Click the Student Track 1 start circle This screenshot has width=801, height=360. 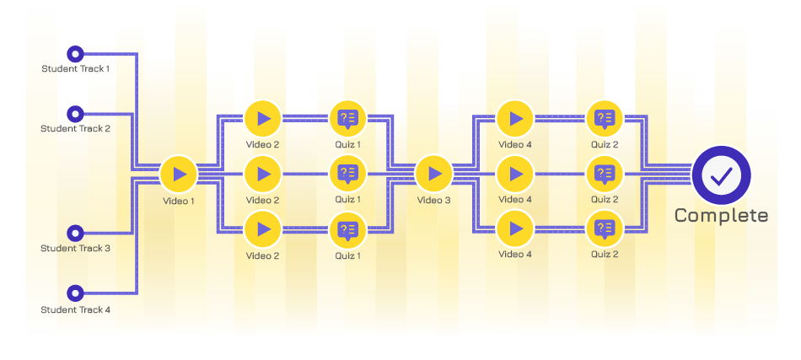[x=76, y=54]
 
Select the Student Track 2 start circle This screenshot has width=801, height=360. [x=76, y=113]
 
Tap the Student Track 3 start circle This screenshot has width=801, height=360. [x=76, y=234]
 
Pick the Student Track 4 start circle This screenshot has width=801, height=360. [x=76, y=293]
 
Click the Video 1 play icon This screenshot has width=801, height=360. [x=179, y=175]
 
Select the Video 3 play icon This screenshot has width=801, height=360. [x=433, y=174]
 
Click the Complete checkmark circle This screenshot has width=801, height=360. [x=721, y=175]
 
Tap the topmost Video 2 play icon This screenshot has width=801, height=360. [x=263, y=119]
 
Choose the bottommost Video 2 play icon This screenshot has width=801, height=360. [x=263, y=229]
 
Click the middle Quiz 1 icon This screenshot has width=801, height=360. [x=348, y=174]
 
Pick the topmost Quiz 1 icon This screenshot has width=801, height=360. [x=348, y=119]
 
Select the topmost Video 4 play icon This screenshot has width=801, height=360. [x=515, y=119]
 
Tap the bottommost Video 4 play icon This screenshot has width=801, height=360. [x=515, y=228]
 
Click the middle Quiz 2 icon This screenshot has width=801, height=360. [x=605, y=174]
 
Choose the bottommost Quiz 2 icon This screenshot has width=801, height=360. [x=605, y=228]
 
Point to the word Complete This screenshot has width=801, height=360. [x=721, y=216]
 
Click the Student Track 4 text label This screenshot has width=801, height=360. [x=76, y=309]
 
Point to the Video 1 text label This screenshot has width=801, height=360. [x=179, y=201]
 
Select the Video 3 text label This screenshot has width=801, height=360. [x=433, y=200]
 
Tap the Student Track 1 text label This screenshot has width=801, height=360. [x=76, y=68]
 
